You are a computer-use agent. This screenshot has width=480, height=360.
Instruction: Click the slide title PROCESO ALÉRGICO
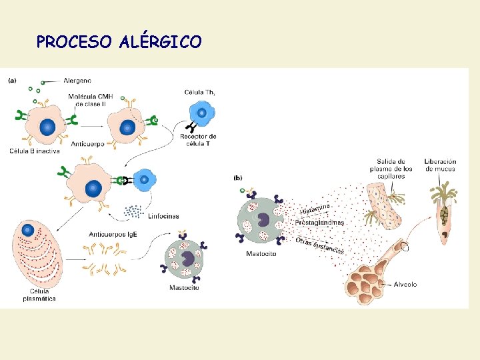point(119,43)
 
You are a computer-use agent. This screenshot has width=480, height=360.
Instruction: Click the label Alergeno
point(78,81)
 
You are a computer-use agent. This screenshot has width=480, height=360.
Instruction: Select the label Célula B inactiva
point(35,151)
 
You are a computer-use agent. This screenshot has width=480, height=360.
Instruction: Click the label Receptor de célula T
point(198,140)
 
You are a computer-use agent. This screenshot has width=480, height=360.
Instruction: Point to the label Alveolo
point(405,284)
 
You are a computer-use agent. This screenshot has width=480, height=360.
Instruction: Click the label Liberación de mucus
point(440,165)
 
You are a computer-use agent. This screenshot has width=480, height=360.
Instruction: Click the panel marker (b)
point(237,178)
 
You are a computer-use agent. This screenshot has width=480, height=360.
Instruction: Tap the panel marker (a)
point(12,81)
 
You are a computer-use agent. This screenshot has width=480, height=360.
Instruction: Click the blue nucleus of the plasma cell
point(28,231)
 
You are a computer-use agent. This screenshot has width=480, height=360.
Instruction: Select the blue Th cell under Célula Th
point(201,114)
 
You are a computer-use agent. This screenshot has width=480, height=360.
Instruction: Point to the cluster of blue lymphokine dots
point(135,211)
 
